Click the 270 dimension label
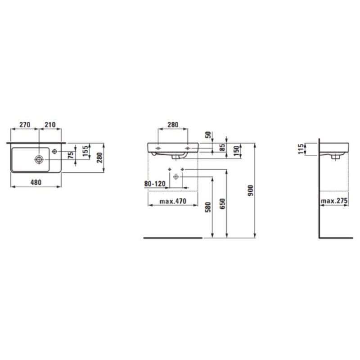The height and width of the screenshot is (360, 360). tap(24, 125)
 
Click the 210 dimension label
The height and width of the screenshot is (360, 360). tap(50, 125)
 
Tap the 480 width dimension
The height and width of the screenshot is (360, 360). tap(36, 182)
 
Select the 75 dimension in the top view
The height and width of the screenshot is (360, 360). tap(70, 155)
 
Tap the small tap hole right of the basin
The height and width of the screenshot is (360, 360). tap(54, 152)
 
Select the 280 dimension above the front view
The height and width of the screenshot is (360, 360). tap(172, 125)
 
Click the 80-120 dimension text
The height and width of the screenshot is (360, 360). tap(155, 183)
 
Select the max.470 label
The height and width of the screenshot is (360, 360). tap(172, 202)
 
